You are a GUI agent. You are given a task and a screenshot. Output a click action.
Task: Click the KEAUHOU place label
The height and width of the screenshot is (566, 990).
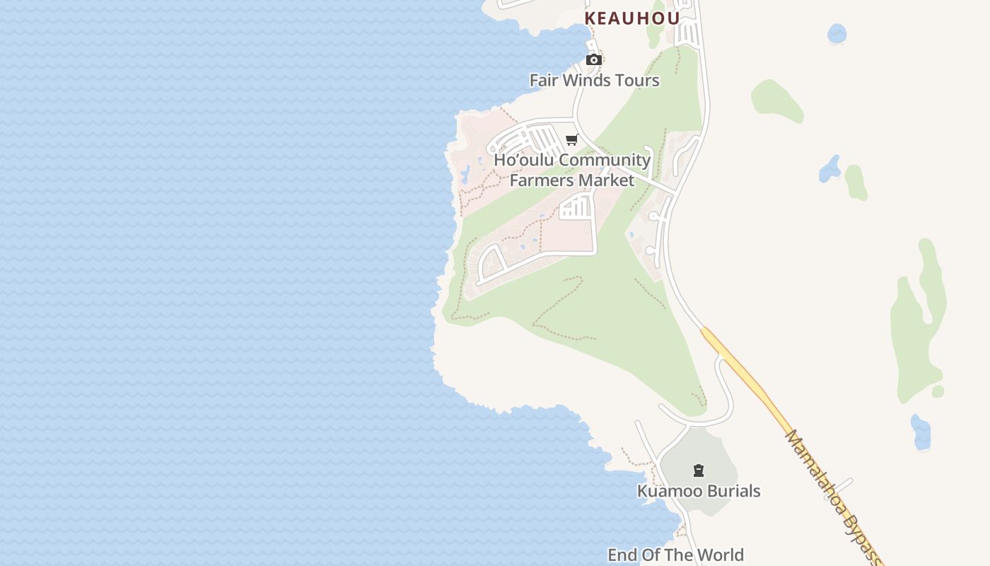point(631,18)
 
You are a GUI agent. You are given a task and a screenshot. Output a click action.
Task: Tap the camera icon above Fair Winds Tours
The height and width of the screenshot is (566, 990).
point(594,59)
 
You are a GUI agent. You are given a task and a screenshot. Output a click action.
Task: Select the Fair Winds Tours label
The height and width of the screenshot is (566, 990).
point(594,80)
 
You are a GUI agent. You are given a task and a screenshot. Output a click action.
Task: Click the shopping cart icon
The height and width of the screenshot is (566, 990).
point(572,139)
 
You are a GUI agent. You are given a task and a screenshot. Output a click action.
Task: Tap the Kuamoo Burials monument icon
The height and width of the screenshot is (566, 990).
point(699,470)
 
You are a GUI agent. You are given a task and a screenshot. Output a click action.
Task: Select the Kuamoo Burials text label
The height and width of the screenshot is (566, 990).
point(699,491)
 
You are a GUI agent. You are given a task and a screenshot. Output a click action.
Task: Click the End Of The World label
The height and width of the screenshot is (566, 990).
point(675,555)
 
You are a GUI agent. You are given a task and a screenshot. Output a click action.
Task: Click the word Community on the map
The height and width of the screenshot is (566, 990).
point(605,160)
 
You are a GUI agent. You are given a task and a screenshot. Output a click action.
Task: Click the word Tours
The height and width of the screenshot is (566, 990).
point(637,80)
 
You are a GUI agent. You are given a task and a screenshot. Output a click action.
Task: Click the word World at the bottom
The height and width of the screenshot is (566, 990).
point(721,555)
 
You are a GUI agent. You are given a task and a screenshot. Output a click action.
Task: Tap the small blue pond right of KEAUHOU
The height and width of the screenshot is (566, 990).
point(837,33)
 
